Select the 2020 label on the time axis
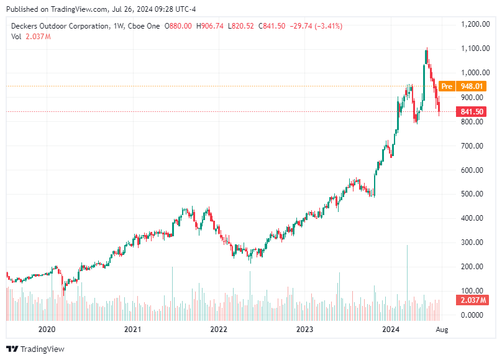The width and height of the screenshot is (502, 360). (x=47, y=329)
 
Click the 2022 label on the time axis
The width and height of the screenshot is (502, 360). (x=218, y=329)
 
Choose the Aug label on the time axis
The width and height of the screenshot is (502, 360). (x=442, y=329)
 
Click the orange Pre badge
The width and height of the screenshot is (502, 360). (x=447, y=86)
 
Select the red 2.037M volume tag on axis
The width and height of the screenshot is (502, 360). (x=472, y=301)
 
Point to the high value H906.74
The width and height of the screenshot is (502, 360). (x=211, y=26)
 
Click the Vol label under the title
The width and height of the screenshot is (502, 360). (x=16, y=37)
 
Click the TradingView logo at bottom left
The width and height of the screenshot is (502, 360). (x=35, y=349)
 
